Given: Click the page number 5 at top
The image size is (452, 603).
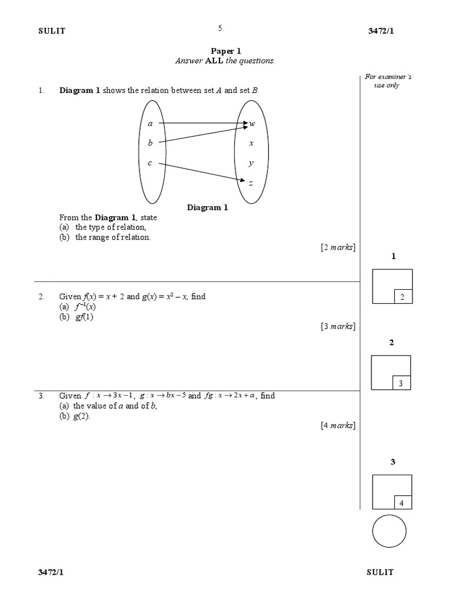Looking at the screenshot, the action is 220,28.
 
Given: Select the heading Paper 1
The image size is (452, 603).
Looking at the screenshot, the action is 226,51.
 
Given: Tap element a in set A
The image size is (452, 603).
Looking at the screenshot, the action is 150,124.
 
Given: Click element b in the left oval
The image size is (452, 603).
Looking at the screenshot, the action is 150,143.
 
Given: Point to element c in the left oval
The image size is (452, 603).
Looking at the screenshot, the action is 150,163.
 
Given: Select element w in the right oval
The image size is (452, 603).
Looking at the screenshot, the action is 252,124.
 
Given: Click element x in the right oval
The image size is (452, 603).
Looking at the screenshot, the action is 251,143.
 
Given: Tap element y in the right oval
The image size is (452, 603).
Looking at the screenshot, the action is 251,163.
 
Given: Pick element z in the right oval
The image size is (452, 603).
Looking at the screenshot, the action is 251,183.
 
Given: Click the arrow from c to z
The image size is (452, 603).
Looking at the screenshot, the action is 200,172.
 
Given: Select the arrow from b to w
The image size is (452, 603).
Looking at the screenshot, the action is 200,134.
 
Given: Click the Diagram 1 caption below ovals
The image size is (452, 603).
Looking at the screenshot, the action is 207,207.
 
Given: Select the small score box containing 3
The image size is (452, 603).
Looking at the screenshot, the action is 401,383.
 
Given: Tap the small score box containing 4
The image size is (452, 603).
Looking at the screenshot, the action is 402,502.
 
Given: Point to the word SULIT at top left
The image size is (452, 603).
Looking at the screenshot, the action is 52,31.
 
